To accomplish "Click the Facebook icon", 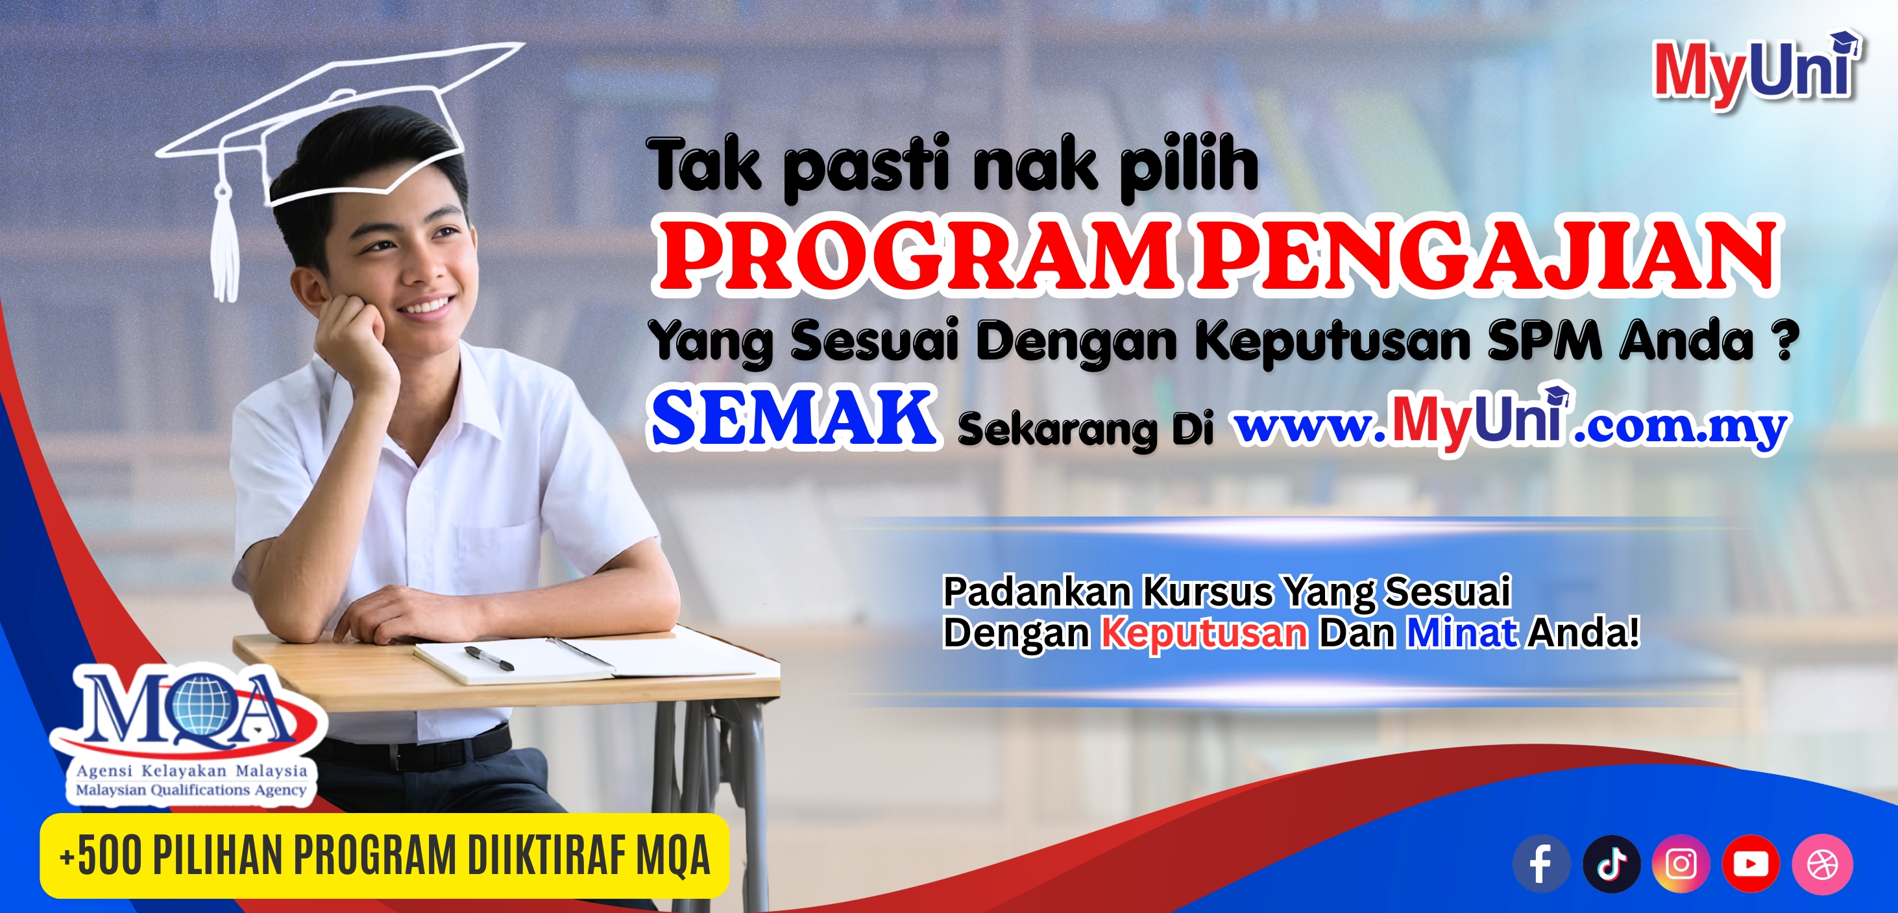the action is [x=1540, y=863].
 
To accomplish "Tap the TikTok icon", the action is [x=1611, y=863].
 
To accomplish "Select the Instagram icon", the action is [x=1681, y=863].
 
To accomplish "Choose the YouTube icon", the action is [x=1751, y=863].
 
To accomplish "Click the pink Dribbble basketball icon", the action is [x=1822, y=863].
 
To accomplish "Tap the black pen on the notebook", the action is [x=489, y=658].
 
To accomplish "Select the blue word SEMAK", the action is [x=794, y=419].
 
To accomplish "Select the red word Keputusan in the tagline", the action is [x=1204, y=633].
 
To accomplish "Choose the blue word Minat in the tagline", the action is [x=1462, y=631].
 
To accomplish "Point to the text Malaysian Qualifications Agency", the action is [x=191, y=790].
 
